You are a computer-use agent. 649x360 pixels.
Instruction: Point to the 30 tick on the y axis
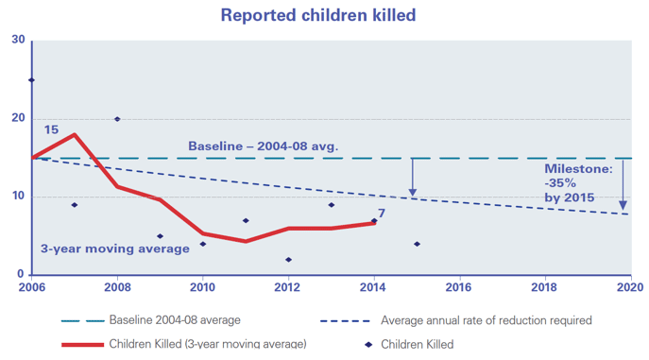pyautogui.click(x=19, y=40)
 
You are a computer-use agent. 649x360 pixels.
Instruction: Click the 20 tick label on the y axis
pyautogui.click(x=19, y=118)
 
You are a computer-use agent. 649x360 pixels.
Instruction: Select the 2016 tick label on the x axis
pyautogui.click(x=458, y=286)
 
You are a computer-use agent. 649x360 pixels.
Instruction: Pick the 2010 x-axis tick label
pyautogui.click(x=202, y=286)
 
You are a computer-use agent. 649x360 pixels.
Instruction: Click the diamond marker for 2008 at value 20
pyautogui.click(x=117, y=119)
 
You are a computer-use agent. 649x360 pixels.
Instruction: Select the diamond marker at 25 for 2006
pyautogui.click(x=32, y=80)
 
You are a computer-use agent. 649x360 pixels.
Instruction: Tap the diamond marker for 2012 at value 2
pyautogui.click(x=288, y=260)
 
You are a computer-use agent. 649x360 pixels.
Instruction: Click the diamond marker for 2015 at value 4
pyautogui.click(x=417, y=244)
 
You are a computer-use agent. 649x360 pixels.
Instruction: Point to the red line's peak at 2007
pyautogui.click(x=75, y=135)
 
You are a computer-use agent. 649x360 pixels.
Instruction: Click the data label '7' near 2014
pyautogui.click(x=382, y=213)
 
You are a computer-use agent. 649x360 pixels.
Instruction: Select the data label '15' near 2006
pyautogui.click(x=52, y=129)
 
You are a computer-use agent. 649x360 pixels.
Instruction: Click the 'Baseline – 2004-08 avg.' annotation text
pyautogui.click(x=263, y=146)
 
